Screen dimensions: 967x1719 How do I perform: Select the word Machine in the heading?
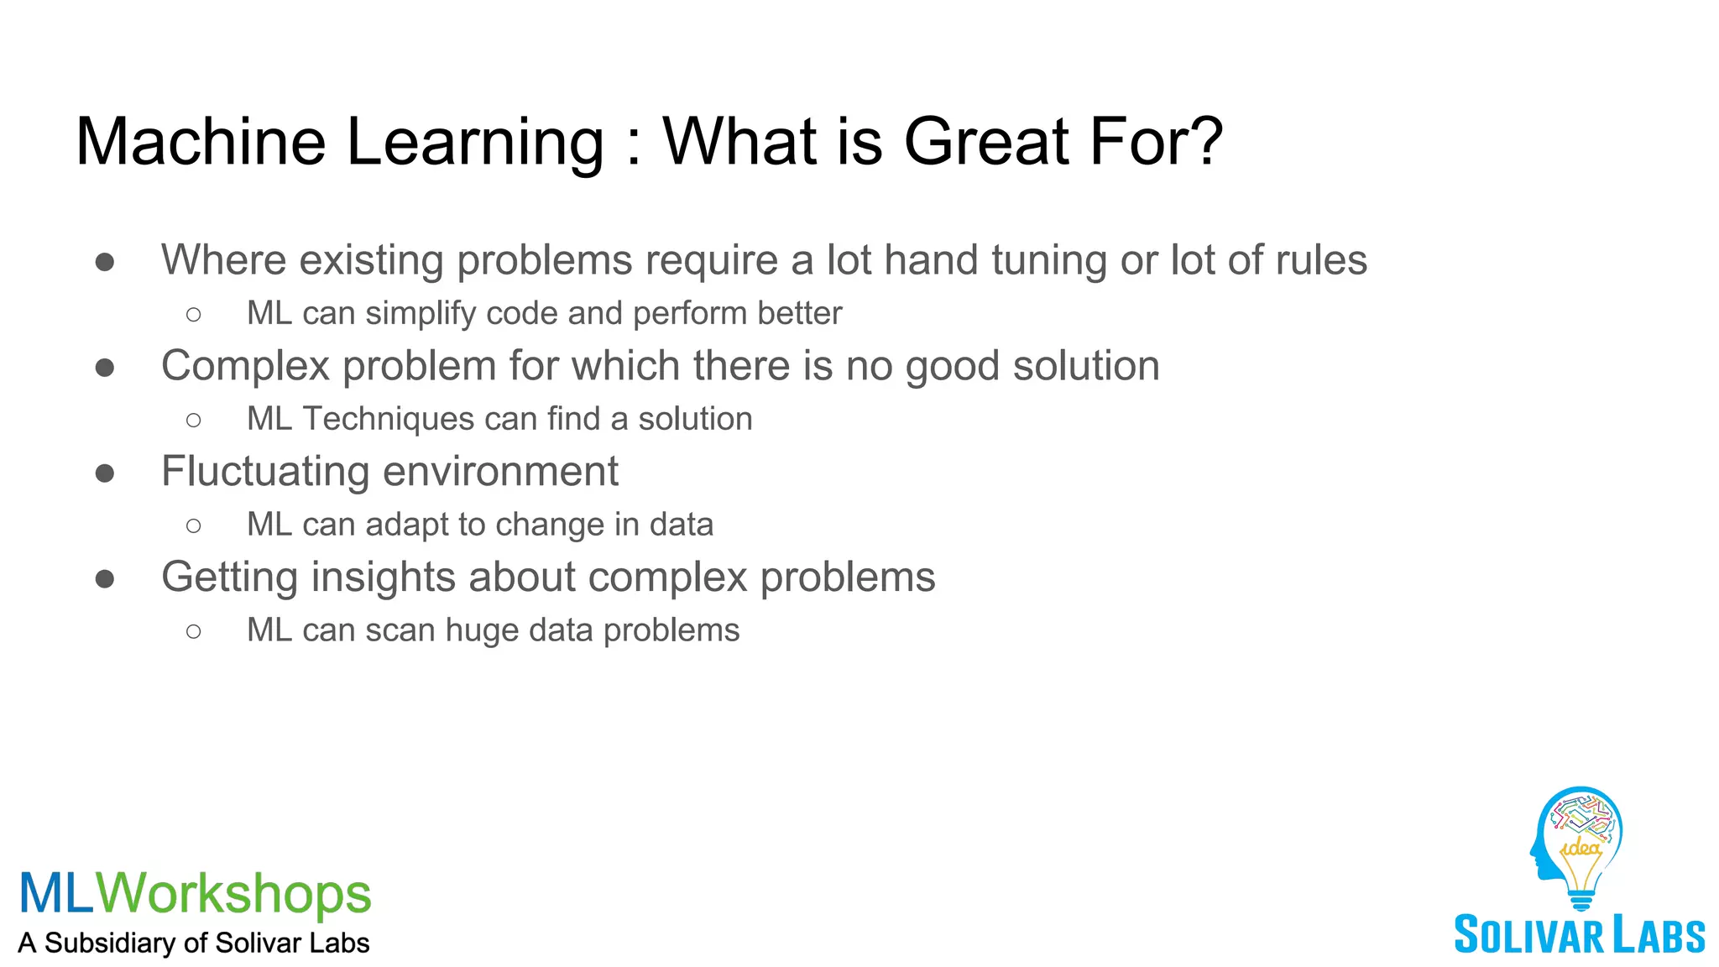201,141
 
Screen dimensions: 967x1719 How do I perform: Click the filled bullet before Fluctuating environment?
105,473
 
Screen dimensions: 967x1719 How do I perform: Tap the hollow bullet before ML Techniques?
194,420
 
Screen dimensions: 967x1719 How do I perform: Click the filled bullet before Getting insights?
105,579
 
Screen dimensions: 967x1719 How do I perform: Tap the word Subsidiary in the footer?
109,943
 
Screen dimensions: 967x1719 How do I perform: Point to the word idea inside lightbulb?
1581,848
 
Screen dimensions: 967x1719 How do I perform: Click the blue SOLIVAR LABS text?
1579,935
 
